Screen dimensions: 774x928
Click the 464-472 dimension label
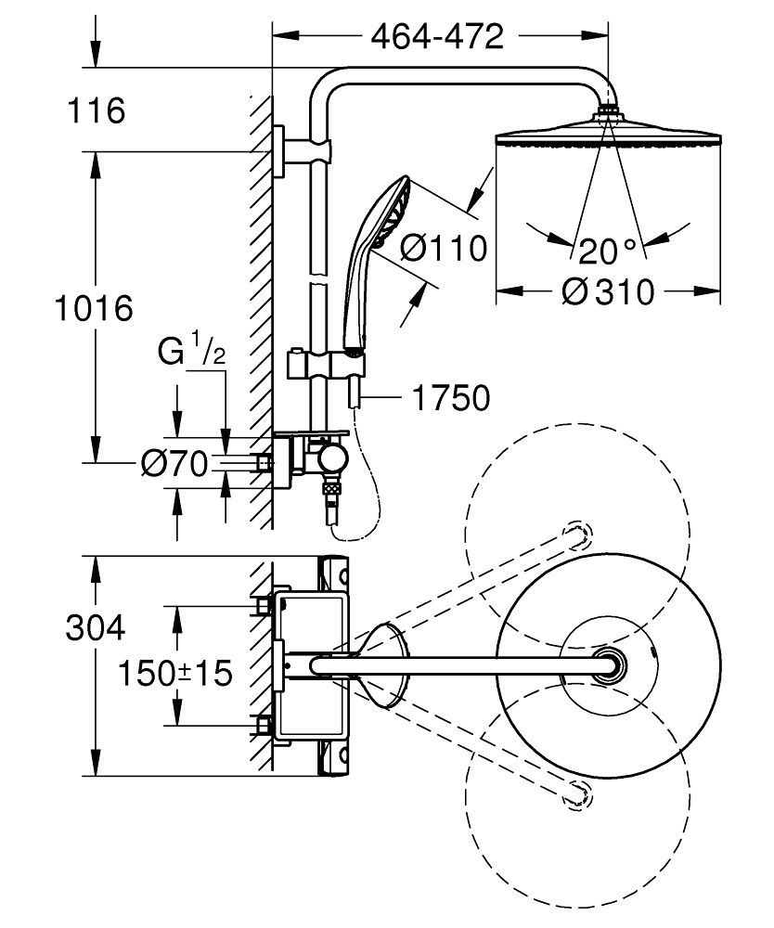(x=437, y=37)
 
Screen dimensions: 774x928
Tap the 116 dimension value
(x=97, y=110)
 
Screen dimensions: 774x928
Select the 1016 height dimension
(x=94, y=309)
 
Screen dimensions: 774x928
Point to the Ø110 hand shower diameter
(x=444, y=248)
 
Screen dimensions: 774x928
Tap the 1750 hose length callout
(x=451, y=398)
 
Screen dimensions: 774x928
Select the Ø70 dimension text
(x=175, y=463)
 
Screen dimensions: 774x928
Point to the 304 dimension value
(x=96, y=627)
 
